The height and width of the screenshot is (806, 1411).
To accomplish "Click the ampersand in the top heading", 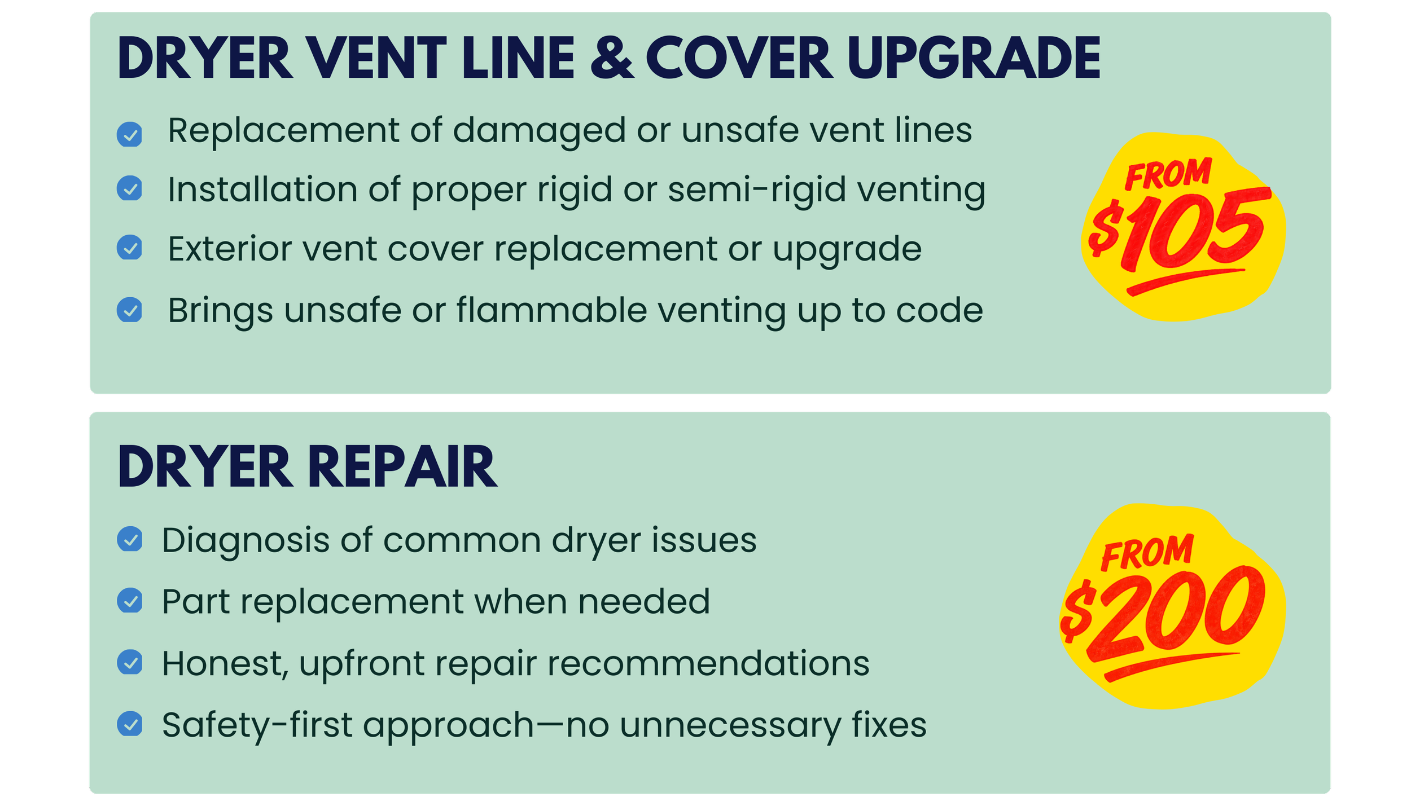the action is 612,58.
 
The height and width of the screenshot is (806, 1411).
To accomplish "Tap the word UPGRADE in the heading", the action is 974,58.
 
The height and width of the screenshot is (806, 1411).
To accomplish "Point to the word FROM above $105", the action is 1168,174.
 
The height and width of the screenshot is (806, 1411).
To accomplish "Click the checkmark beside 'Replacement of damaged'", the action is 129,134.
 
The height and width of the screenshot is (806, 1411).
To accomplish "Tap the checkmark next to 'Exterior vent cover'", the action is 129,248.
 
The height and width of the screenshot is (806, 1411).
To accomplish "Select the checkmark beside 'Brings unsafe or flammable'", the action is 129,310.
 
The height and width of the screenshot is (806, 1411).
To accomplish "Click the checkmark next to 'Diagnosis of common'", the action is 129,539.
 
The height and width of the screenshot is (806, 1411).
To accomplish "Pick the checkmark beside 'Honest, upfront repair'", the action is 129,662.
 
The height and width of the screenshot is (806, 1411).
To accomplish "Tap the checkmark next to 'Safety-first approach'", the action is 129,724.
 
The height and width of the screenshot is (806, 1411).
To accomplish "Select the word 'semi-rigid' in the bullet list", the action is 756,190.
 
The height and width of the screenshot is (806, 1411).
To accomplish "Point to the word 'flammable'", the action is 551,310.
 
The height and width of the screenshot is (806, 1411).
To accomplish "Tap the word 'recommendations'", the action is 708,664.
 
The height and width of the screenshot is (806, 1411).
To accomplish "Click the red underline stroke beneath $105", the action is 1185,281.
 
